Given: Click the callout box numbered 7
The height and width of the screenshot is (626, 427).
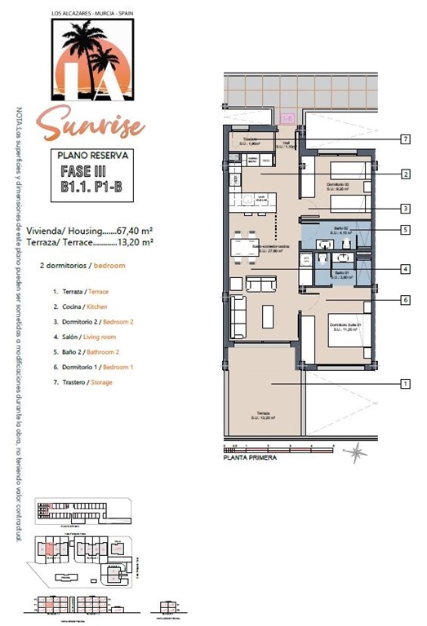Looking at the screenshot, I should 405,139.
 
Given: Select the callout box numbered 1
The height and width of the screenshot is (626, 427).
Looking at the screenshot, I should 405,383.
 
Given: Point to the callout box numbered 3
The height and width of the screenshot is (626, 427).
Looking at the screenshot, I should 405,208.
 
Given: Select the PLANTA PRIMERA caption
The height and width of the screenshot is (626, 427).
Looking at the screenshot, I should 250,458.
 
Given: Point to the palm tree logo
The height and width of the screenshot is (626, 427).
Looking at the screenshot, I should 90,61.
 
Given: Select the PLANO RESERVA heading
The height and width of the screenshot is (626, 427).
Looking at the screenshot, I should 90,154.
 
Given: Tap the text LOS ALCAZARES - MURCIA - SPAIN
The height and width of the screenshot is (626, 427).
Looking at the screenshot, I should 90,13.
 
